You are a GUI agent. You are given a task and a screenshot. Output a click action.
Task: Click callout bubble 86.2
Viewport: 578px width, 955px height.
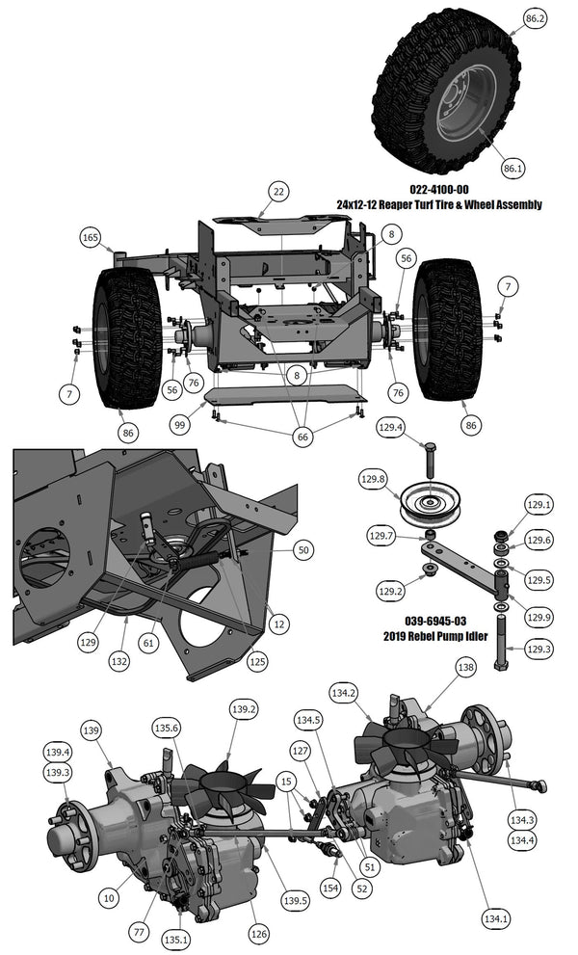tap(535, 18)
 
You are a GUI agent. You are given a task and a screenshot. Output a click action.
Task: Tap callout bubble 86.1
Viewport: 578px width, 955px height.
tap(512, 168)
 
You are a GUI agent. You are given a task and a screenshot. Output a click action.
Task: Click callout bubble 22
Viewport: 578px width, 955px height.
tap(278, 193)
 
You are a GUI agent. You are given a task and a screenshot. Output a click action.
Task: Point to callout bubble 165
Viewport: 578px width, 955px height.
tap(91, 236)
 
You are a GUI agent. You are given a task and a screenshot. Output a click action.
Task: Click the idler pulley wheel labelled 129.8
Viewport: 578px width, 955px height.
tap(429, 502)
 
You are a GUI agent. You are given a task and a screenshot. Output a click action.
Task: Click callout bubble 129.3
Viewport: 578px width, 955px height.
tap(539, 649)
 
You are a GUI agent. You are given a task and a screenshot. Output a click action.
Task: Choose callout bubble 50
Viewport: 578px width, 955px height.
tap(303, 549)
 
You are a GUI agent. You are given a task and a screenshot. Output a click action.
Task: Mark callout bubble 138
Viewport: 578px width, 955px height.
tap(466, 666)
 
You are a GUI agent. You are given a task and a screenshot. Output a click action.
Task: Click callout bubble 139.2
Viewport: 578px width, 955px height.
tap(244, 709)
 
